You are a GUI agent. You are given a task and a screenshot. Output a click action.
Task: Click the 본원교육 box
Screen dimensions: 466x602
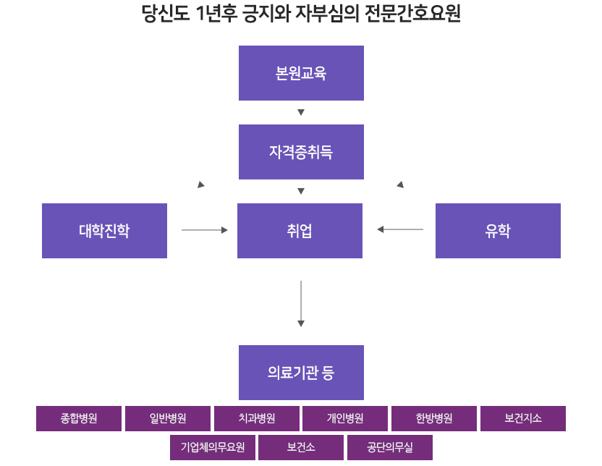click(301, 73)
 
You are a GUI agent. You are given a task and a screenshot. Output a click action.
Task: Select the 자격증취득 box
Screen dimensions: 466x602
click(301, 152)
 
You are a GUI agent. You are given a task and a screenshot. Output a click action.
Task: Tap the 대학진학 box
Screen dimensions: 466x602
click(104, 231)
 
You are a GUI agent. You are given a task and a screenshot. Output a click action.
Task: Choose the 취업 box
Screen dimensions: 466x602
click(300, 231)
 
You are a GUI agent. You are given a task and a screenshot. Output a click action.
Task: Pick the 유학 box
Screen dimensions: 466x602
click(498, 231)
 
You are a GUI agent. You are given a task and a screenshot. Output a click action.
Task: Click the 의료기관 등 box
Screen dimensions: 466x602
click(301, 373)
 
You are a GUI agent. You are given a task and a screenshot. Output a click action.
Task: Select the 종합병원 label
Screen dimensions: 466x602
click(79, 418)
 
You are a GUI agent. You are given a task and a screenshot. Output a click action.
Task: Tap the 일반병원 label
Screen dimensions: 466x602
click(168, 418)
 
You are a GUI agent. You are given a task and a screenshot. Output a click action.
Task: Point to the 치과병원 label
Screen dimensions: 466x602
click(257, 418)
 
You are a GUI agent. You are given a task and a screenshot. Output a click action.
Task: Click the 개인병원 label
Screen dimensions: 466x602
click(345, 418)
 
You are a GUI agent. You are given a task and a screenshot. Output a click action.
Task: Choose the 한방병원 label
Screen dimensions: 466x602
click(434, 418)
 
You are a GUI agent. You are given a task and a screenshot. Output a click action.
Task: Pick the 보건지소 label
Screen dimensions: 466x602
click(523, 418)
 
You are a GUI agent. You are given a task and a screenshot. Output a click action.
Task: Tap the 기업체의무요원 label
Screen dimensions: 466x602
click(213, 447)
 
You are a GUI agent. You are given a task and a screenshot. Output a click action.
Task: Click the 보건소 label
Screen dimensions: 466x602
click(301, 447)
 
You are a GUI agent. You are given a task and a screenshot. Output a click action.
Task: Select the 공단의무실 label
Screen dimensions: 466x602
click(390, 447)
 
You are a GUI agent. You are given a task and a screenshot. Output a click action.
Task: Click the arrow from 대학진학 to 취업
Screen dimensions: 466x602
click(204, 230)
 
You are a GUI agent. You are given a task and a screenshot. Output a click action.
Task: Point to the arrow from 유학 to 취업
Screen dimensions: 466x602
click(400, 230)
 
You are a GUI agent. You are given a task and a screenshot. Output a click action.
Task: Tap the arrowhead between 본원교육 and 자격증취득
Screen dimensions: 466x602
click(301, 112)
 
